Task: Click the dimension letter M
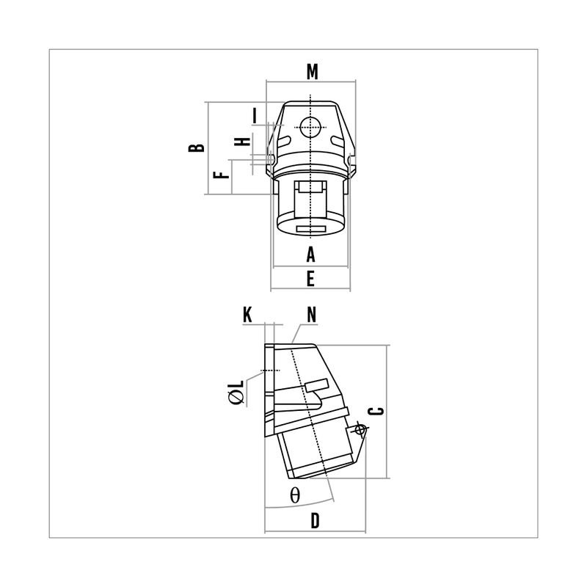pos(312,72)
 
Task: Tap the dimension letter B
pos(197,147)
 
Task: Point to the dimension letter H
pos(242,142)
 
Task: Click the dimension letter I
pos(255,116)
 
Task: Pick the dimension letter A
pos(310,255)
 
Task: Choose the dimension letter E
pos(310,279)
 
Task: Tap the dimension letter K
pos(247,315)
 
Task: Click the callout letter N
pos(311,315)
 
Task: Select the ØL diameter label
pos(236,392)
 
